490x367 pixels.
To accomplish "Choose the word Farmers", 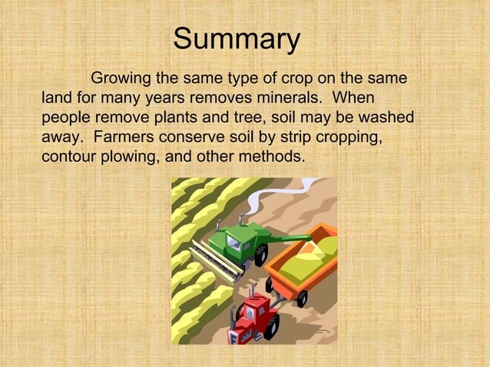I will click(122, 138).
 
